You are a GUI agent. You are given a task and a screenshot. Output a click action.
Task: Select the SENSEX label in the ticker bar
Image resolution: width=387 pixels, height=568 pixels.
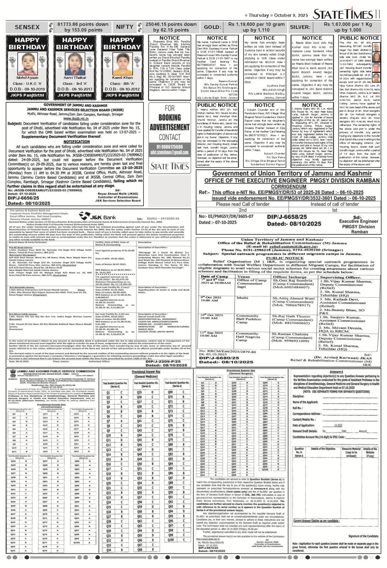[x=27, y=27]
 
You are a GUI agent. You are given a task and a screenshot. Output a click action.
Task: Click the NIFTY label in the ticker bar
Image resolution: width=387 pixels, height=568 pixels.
[x=124, y=27]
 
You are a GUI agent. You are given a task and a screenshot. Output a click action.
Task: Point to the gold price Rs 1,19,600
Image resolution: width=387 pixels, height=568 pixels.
[x=256, y=24]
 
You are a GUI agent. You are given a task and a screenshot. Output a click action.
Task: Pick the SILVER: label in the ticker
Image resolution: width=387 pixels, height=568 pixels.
[x=300, y=27]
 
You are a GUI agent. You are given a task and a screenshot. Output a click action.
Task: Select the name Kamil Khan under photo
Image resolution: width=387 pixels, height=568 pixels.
[x=122, y=78]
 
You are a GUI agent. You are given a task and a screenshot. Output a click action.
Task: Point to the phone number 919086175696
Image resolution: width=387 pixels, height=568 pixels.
[x=170, y=147]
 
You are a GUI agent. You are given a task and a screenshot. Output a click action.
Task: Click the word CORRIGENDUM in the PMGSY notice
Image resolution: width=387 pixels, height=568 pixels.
[x=288, y=187]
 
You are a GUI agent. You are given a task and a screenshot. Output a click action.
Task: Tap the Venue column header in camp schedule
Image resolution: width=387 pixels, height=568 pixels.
[x=243, y=277]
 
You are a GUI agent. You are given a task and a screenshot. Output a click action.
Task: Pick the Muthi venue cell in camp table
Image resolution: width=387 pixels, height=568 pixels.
[x=242, y=298]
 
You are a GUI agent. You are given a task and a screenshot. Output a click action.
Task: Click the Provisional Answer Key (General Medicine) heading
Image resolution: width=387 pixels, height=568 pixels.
[x=146, y=374]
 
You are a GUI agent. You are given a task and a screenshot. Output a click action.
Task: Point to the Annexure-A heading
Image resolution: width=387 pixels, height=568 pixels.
[x=336, y=372]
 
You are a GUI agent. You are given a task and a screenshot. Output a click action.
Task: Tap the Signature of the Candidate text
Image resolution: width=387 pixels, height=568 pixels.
[x=363, y=536]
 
